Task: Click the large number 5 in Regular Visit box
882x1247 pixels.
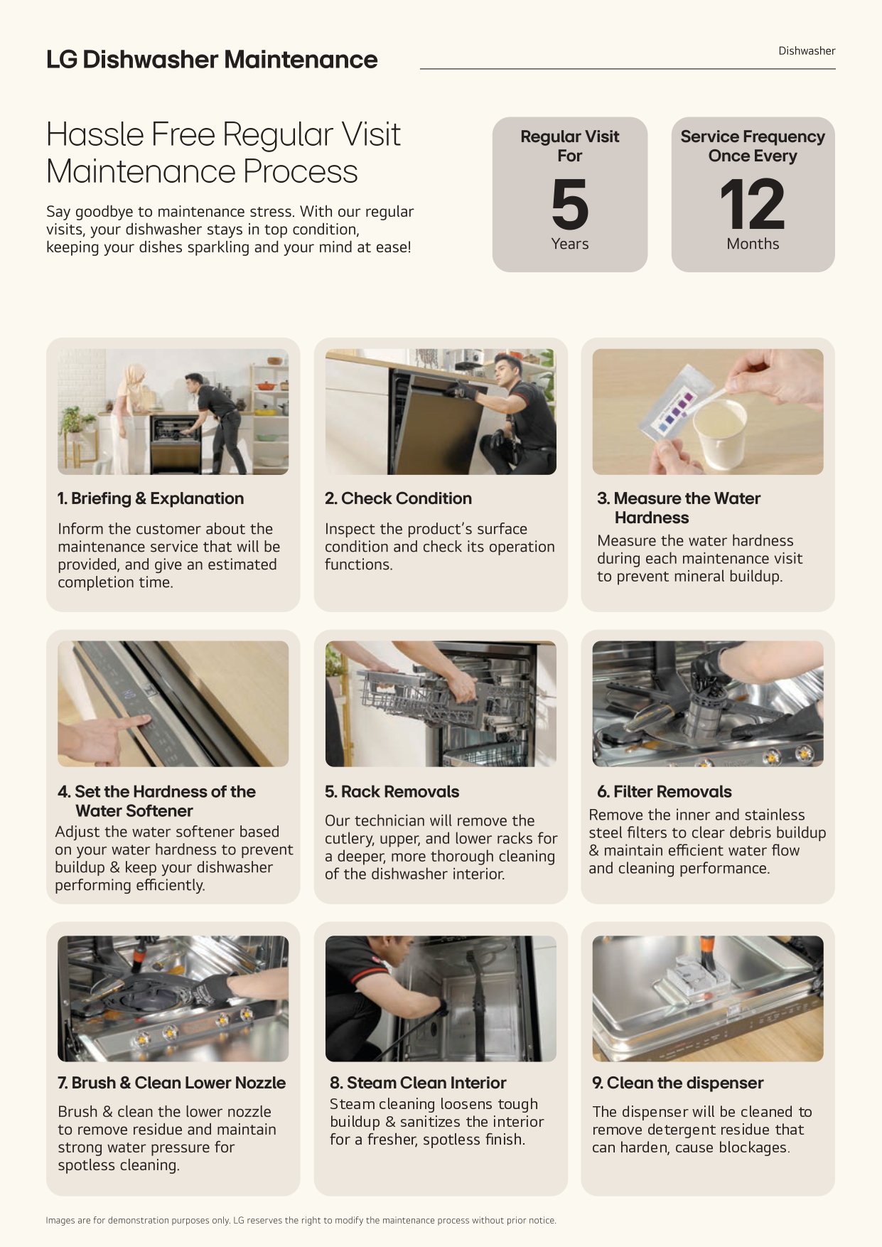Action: (570, 204)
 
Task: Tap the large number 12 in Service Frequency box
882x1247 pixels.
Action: (752, 204)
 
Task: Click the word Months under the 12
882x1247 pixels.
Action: (753, 244)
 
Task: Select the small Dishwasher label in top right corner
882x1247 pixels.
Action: (807, 51)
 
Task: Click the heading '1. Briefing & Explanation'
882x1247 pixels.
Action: (151, 498)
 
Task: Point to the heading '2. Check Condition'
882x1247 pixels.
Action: (398, 498)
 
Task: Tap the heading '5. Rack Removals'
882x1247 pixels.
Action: (392, 791)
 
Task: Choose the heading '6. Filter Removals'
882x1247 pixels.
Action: (664, 791)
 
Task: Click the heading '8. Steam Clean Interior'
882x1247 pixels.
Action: (418, 1083)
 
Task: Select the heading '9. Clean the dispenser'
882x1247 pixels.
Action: (678, 1083)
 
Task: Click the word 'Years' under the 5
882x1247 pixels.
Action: (570, 244)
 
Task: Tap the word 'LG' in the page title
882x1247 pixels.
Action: (62, 60)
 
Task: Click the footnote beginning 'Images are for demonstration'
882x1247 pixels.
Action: (301, 1220)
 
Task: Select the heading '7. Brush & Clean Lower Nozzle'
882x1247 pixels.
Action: (171, 1083)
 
